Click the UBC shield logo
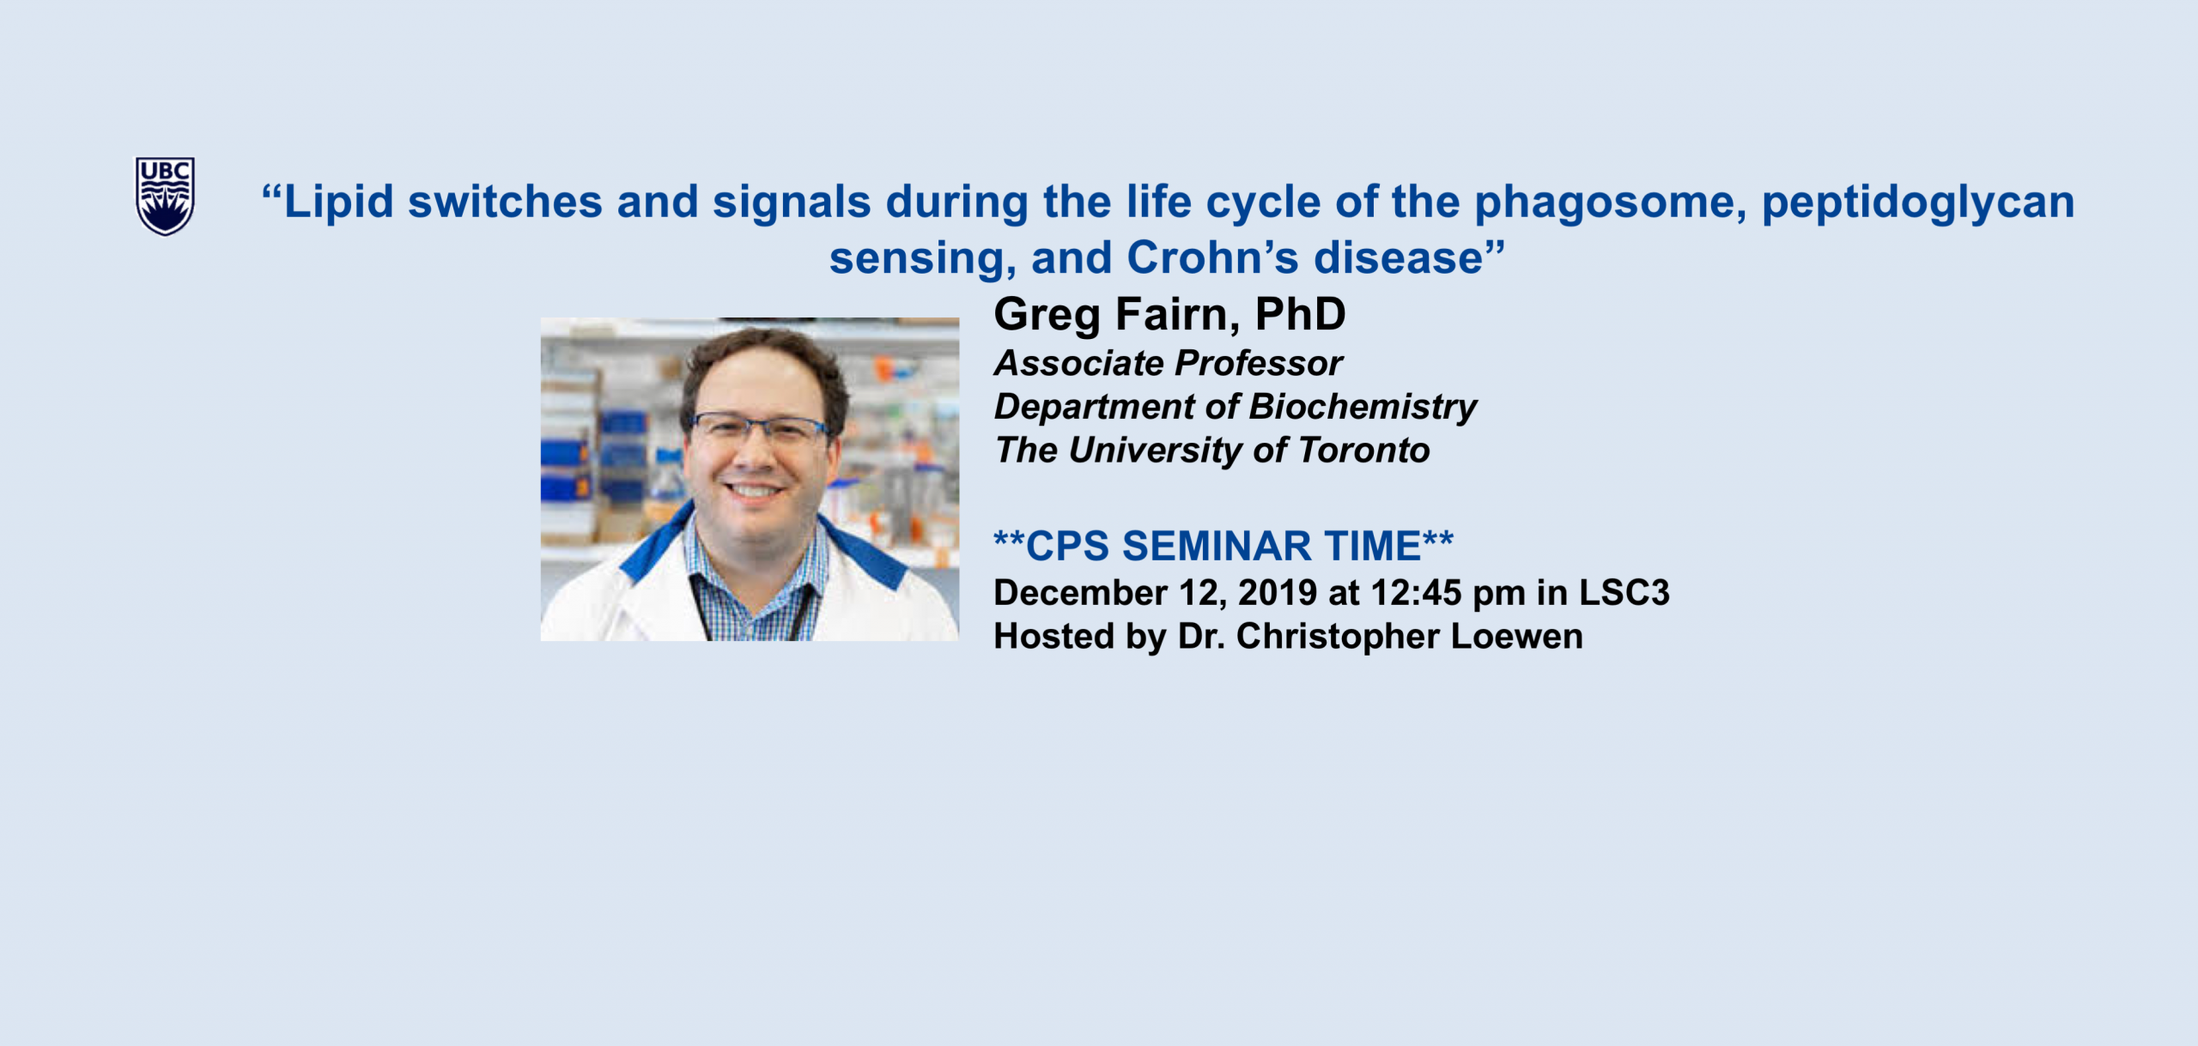165,196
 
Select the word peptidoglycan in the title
1918,204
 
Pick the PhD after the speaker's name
1300,314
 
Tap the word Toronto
1363,450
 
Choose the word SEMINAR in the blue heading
1217,547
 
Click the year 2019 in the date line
1278,593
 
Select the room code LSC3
1624,593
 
